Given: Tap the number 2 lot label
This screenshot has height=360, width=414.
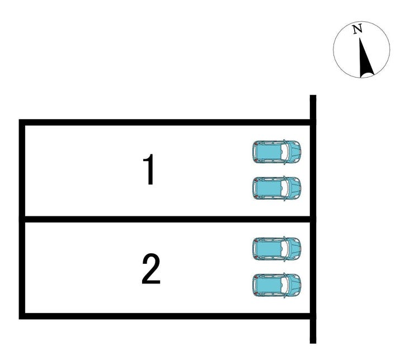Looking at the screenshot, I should coord(150,269).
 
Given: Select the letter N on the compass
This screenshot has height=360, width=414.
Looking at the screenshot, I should coord(357,29).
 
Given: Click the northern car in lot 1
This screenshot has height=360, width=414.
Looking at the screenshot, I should coord(276,151).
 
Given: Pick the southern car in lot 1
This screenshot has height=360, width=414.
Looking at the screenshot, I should coord(276,188).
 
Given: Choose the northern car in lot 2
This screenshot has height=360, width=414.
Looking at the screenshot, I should coord(276,248).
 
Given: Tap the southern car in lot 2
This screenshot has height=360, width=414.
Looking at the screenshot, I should coord(276,285).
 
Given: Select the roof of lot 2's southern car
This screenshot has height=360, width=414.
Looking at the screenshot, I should coord(269,285).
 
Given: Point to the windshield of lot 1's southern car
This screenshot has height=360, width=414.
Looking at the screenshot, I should coord(285,188).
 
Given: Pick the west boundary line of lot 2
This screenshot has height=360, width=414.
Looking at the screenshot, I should coord(22,268).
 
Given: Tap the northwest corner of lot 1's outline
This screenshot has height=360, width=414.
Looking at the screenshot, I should coord(22,122).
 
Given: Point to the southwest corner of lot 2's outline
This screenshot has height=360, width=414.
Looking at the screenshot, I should coord(22,316).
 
